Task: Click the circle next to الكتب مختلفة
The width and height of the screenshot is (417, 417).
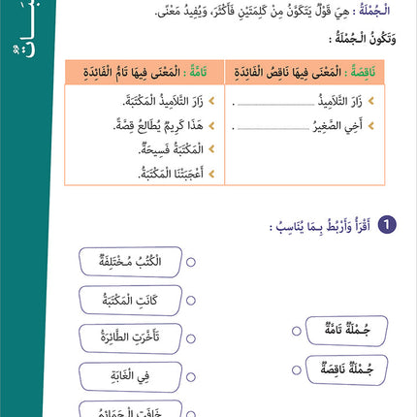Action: (x=190, y=262)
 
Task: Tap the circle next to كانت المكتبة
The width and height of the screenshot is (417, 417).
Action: (x=190, y=301)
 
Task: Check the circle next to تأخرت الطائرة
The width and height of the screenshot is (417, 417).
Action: (x=190, y=338)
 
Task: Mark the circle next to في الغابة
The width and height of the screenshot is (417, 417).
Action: (x=190, y=376)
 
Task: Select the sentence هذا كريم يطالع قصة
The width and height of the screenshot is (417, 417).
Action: (x=145, y=125)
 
